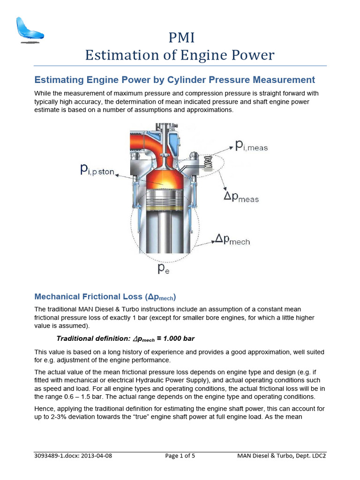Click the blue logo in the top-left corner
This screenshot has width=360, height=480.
point(29,30)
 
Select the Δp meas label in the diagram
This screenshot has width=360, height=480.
point(241,197)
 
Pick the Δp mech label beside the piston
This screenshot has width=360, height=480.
point(232,240)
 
